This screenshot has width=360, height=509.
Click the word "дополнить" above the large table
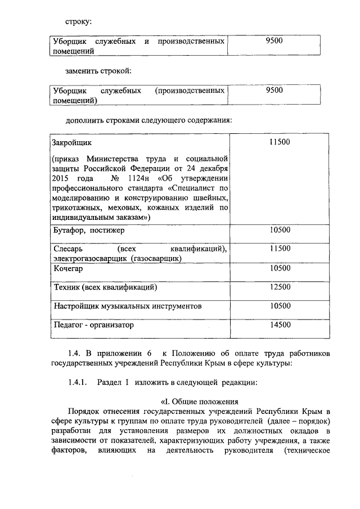pos(85,120)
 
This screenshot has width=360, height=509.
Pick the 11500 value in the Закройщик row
pos(279,142)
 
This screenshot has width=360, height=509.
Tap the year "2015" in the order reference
pos(62,178)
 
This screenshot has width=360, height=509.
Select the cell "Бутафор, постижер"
pos(89,230)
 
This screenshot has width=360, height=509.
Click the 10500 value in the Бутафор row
pos(280,230)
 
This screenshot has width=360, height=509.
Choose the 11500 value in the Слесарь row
pos(280,249)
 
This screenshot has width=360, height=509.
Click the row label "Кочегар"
pos(69,269)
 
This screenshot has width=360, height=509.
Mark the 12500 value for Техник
pos(280,287)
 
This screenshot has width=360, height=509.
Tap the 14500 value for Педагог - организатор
pos(280,325)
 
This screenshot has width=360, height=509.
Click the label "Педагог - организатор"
pos(94,325)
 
